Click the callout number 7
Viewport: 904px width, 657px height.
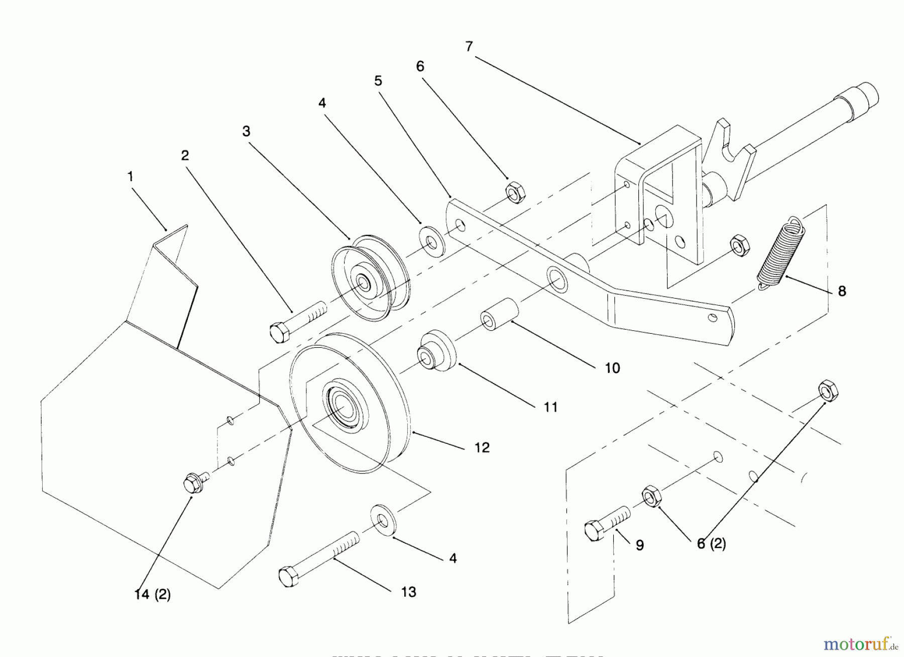(469, 47)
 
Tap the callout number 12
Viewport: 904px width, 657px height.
(482, 447)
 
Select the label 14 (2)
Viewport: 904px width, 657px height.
(153, 595)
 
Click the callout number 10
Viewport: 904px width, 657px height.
(612, 368)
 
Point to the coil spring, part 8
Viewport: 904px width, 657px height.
(780, 254)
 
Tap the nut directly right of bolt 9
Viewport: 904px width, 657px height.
(651, 496)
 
